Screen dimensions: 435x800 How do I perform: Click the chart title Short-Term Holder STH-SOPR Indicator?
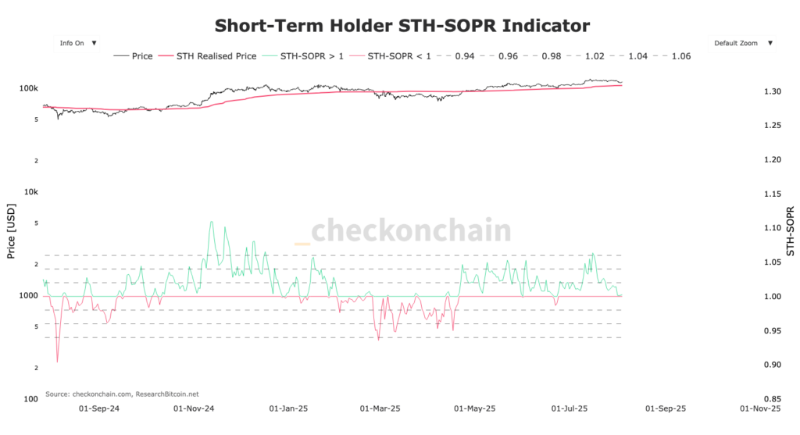click(402, 25)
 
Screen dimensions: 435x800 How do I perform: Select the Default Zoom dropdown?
click(743, 43)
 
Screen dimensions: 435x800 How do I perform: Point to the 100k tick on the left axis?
click(29, 89)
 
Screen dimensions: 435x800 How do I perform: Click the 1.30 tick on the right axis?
click(772, 92)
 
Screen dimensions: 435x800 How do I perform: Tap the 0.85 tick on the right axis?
click(772, 399)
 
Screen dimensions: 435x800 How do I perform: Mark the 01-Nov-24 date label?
click(193, 408)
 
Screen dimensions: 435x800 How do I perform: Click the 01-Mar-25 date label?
click(380, 408)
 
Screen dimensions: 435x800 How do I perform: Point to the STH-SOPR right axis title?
click(790, 232)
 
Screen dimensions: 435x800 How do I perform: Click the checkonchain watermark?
click(404, 231)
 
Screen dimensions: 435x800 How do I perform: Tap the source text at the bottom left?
click(122, 394)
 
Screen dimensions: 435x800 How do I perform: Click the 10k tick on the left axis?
click(31, 192)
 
